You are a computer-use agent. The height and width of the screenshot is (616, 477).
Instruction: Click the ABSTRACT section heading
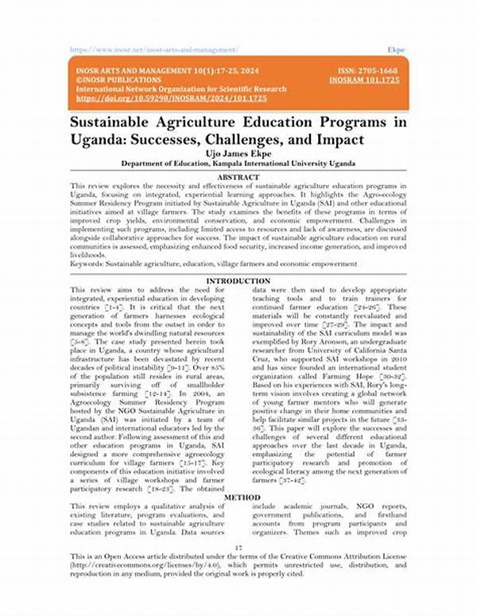pos(238,176)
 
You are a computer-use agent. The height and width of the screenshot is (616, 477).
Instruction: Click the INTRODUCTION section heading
pos(238,281)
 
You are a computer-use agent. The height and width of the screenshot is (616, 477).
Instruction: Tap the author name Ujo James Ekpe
pos(238,152)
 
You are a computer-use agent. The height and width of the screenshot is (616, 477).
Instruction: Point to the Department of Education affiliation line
pos(238,164)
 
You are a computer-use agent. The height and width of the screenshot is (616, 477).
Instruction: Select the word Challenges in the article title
pos(268,139)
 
